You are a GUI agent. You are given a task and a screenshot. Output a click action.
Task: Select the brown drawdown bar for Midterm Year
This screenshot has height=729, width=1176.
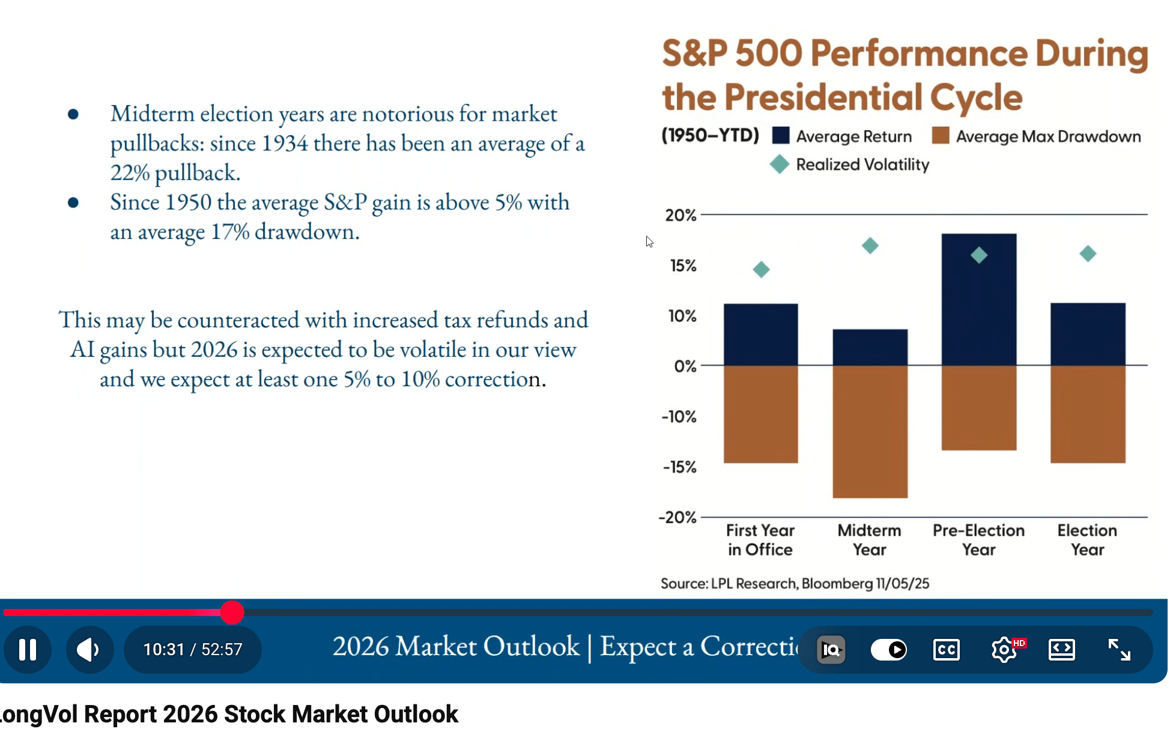click(870, 431)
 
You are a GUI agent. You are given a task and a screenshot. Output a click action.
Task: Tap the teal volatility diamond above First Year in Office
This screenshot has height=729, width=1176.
click(761, 269)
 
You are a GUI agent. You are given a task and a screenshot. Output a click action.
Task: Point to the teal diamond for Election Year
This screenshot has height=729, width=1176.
click(1088, 253)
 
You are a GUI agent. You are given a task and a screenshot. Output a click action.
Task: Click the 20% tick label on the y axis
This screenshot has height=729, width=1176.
click(680, 215)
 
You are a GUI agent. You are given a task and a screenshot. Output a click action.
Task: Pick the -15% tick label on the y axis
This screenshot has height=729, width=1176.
click(679, 467)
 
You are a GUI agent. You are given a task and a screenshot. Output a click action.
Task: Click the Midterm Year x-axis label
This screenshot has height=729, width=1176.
click(869, 540)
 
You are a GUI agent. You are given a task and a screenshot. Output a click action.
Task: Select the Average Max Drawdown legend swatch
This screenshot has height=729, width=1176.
click(941, 136)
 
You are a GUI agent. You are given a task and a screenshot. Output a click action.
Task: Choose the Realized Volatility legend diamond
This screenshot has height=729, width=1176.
click(779, 164)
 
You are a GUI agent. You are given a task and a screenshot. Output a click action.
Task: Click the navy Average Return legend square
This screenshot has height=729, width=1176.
click(781, 136)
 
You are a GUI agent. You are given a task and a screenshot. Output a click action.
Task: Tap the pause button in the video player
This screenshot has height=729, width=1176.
click(28, 649)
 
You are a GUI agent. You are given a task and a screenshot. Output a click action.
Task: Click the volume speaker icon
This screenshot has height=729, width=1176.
click(89, 649)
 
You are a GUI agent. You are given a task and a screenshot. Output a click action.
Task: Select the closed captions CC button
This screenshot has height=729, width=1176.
click(946, 649)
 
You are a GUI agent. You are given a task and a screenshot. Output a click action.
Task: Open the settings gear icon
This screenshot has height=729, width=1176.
click(1004, 649)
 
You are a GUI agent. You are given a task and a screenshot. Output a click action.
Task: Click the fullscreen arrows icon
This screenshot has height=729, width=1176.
click(1119, 649)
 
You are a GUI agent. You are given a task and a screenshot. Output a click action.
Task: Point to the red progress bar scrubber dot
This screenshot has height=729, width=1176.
click(232, 613)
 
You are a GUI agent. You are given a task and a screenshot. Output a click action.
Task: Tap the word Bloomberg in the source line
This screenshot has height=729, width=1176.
click(837, 584)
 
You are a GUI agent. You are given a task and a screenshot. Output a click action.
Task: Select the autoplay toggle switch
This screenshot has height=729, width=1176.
click(889, 649)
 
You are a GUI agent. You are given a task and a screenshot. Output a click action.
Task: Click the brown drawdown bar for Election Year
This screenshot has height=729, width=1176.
click(1088, 414)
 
